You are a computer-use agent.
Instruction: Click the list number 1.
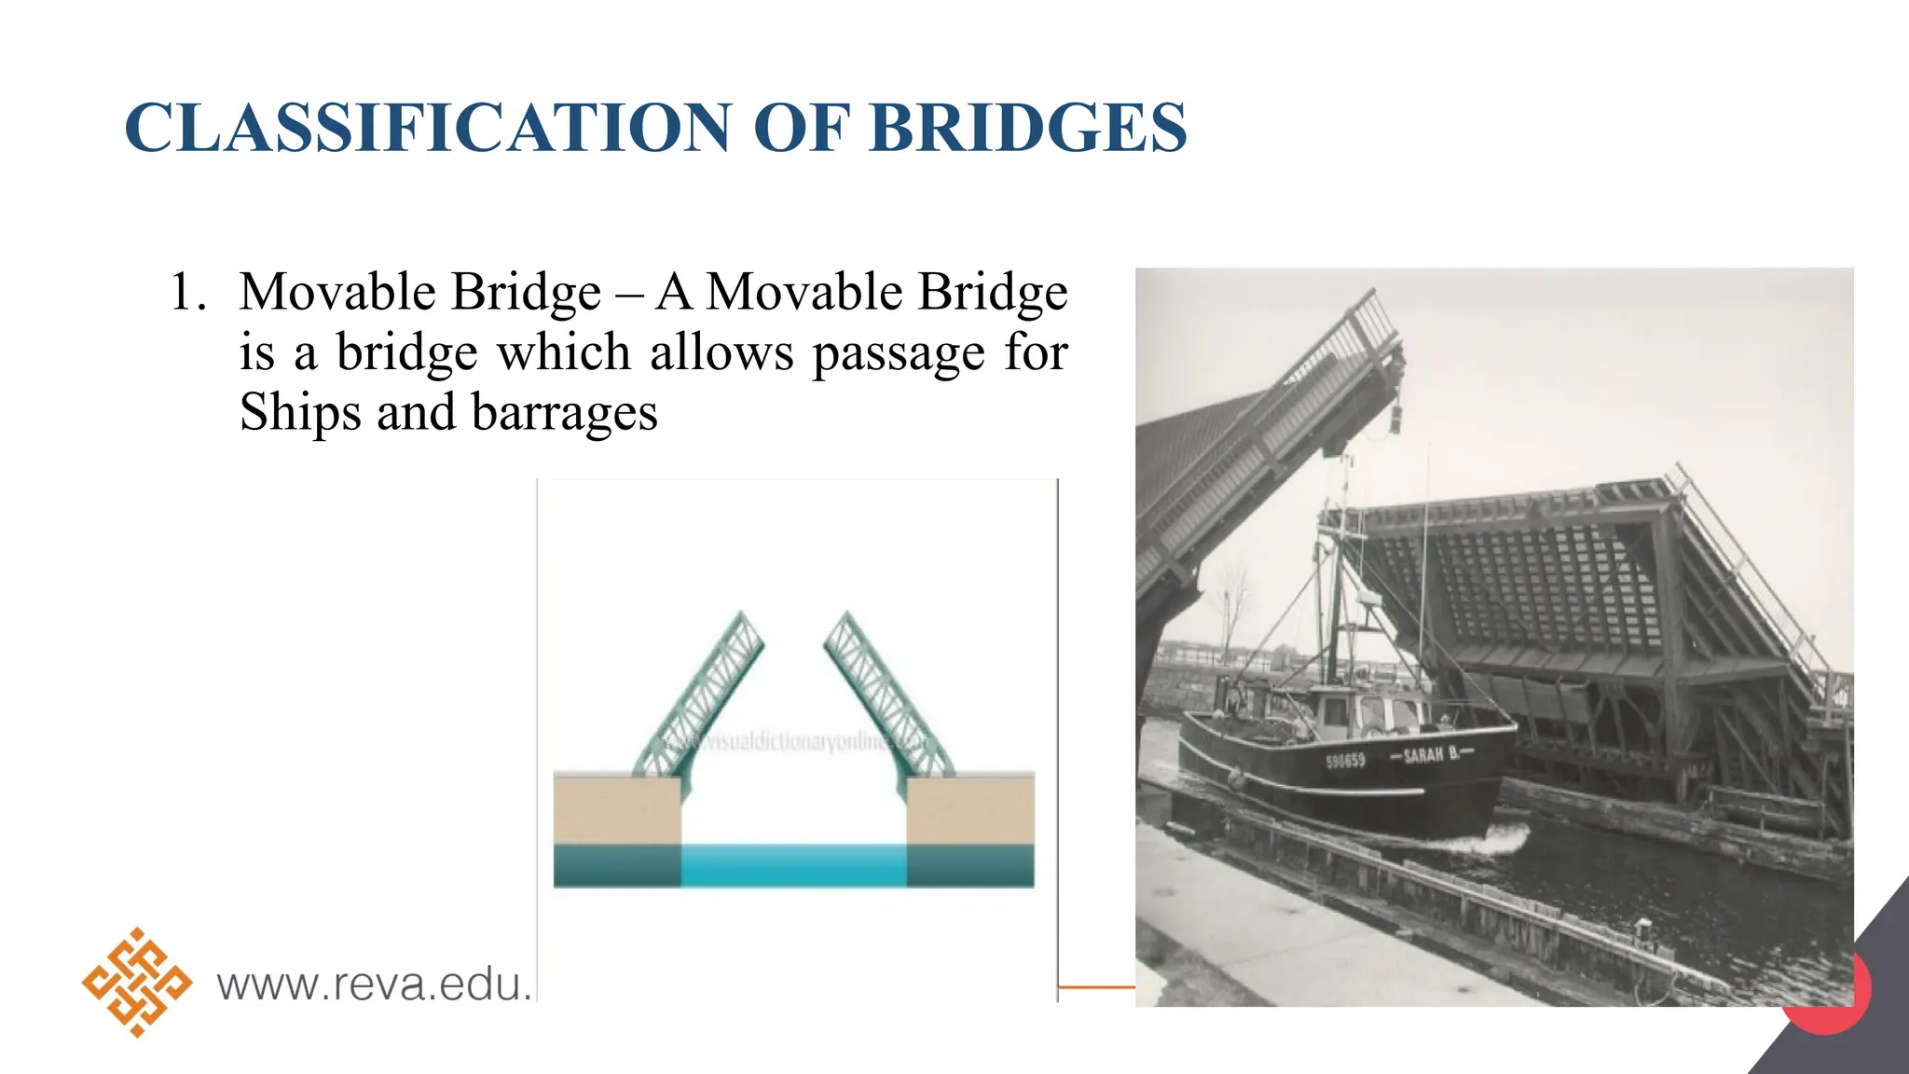pos(187,292)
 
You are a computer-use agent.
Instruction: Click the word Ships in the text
pos(298,412)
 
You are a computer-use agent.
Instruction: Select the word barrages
pos(564,414)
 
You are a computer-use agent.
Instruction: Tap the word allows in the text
pos(721,352)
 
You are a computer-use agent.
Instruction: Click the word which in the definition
pos(564,352)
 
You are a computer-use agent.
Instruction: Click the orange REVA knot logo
pos(137,983)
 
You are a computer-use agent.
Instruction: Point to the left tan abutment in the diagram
pos(616,809)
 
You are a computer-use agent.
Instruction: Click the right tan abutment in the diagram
pos(970,809)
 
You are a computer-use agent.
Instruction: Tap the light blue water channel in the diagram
pos(793,865)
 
